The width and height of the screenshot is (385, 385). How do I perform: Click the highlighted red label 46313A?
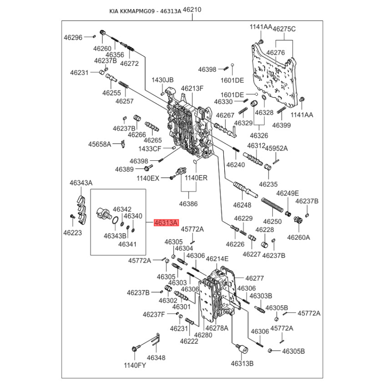[166, 223]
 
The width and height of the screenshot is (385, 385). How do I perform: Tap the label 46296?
[73, 37]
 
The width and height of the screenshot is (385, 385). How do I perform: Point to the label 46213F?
[192, 88]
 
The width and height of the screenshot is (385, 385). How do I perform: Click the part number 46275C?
[284, 29]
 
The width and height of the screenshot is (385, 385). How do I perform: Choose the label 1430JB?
[163, 79]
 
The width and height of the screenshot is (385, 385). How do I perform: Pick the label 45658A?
[99, 144]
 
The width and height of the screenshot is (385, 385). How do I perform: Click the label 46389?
[124, 169]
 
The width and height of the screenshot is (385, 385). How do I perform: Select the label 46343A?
[81, 183]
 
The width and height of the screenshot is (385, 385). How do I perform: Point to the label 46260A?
[299, 237]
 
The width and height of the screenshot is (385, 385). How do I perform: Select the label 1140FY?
[135, 365]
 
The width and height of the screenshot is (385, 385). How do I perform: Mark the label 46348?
[156, 358]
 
